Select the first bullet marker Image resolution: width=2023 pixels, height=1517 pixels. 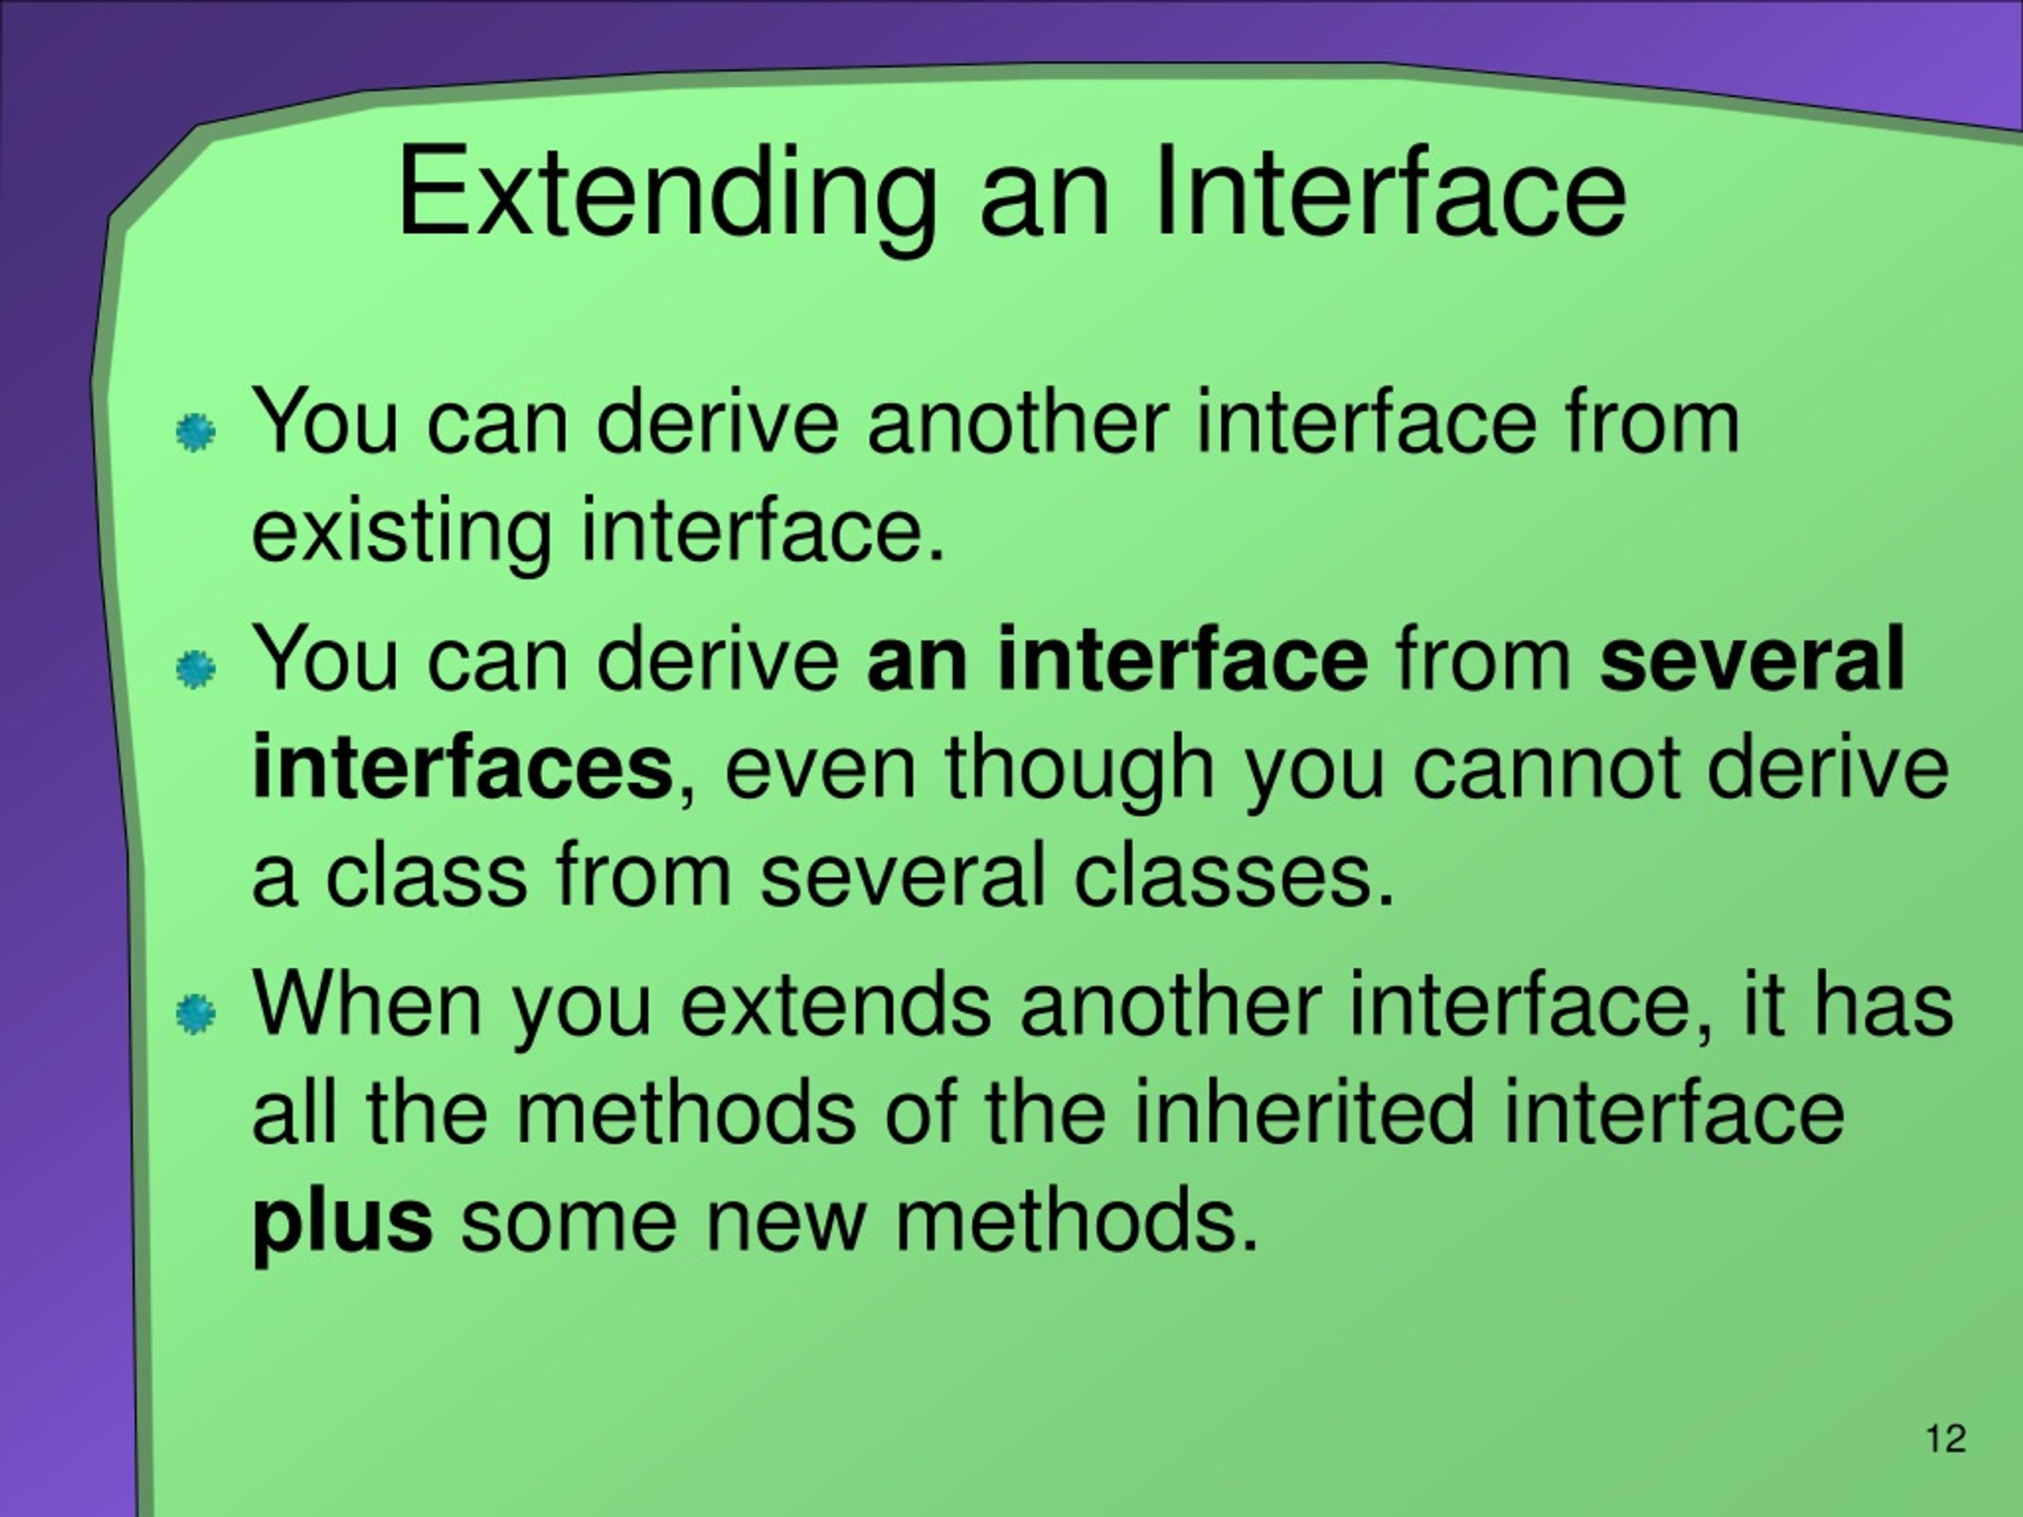(x=196, y=431)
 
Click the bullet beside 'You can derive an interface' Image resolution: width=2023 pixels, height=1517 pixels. (x=196, y=669)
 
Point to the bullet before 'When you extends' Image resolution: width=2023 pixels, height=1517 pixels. (x=196, y=1013)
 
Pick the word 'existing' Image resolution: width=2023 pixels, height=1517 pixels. (x=401, y=533)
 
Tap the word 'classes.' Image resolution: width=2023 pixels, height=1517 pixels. (x=1233, y=875)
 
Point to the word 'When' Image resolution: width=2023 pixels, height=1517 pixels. (x=367, y=1004)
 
